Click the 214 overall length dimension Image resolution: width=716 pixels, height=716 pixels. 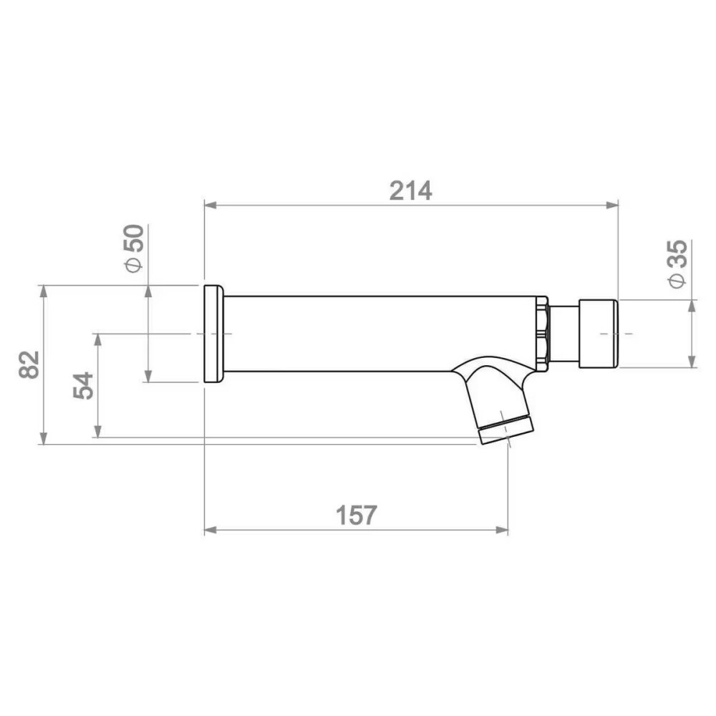(x=410, y=190)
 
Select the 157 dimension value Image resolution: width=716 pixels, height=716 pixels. (x=356, y=515)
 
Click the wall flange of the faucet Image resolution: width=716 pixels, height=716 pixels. (x=213, y=334)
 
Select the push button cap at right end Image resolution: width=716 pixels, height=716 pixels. (x=599, y=334)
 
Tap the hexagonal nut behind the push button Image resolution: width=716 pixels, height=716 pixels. (x=542, y=334)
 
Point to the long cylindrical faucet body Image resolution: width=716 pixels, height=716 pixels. (x=379, y=334)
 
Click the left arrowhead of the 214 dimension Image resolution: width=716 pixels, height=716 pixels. (x=210, y=205)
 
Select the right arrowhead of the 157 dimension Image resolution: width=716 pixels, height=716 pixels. (x=503, y=531)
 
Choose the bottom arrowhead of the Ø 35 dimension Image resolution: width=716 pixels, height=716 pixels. (x=692, y=362)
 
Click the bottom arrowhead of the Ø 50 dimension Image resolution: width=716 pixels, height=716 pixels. (x=148, y=377)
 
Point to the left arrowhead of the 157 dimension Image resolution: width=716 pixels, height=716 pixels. (x=210, y=531)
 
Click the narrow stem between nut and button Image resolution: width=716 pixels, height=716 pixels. (x=563, y=334)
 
